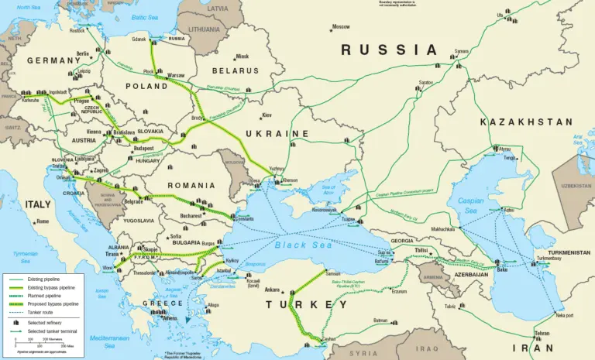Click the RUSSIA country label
390,50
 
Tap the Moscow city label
341,27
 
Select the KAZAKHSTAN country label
526,122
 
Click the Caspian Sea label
471,204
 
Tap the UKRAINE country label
277,134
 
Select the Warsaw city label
176,75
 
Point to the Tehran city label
543,334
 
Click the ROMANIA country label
191,186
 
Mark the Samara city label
462,51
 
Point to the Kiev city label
267,115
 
